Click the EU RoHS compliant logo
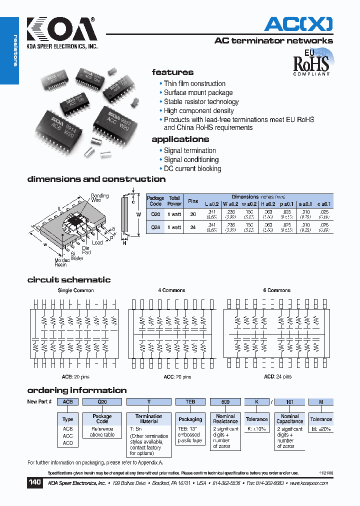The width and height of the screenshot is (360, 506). (x=311, y=62)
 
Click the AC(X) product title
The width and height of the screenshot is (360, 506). (x=298, y=23)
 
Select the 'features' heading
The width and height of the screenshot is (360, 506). (x=172, y=72)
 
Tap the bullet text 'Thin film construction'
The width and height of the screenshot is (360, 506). (x=194, y=83)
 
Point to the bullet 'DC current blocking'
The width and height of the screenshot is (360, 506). (x=192, y=168)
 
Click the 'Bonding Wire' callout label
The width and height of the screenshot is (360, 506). (x=99, y=197)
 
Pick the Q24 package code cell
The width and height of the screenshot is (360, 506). (x=155, y=227)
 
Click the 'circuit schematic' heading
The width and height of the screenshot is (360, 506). (x=69, y=280)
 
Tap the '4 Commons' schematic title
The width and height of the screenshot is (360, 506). (x=171, y=290)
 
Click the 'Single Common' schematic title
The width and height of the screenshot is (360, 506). (x=75, y=290)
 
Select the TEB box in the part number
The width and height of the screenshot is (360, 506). (x=190, y=401)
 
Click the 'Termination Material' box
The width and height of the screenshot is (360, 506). (x=148, y=419)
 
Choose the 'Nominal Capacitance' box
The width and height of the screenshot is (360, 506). (x=289, y=419)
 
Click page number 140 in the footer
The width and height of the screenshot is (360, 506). (x=34, y=483)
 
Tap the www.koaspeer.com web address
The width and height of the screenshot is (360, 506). (x=308, y=483)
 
